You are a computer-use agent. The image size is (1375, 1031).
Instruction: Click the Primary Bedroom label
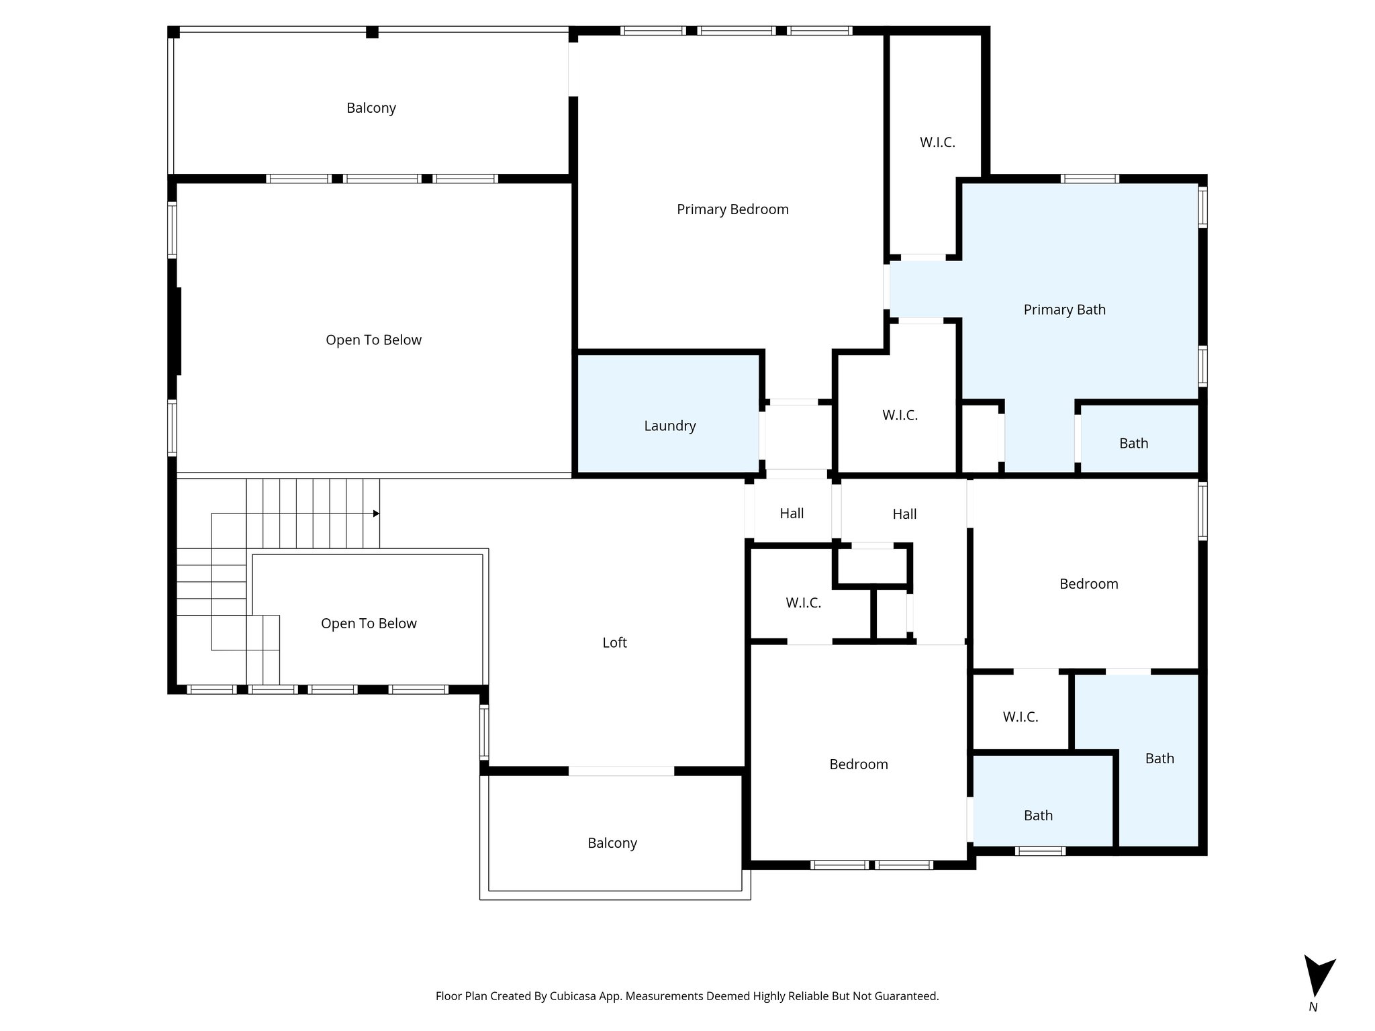click(x=732, y=209)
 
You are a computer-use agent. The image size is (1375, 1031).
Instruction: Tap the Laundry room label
click(x=669, y=426)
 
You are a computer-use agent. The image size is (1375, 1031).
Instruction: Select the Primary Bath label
click(x=1064, y=309)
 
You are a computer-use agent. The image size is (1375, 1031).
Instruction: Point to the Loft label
click(x=614, y=642)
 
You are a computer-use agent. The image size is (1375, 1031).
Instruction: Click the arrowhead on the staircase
click(x=376, y=513)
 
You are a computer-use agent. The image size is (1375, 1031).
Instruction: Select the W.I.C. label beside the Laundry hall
click(x=900, y=415)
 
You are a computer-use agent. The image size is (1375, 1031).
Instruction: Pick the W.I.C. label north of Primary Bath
click(x=937, y=142)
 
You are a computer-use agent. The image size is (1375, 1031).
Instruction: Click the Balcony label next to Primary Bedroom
click(x=371, y=108)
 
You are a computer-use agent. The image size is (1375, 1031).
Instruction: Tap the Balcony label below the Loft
click(x=612, y=843)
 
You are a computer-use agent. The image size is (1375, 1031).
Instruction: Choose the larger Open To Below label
click(x=373, y=340)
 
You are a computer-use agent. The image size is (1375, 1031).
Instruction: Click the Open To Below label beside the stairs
click(x=369, y=624)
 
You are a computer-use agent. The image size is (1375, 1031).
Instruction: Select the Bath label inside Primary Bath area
click(x=1133, y=444)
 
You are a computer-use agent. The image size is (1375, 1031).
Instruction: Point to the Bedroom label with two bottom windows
click(x=858, y=765)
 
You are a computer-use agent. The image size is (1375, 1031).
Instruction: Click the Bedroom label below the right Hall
click(x=1088, y=584)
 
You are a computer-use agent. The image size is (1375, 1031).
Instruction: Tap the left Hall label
click(x=792, y=513)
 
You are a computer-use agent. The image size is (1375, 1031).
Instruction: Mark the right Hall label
click(x=904, y=514)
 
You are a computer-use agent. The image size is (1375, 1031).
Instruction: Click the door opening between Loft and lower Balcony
click(x=621, y=771)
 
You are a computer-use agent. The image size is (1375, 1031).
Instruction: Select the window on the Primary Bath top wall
click(x=1089, y=179)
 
